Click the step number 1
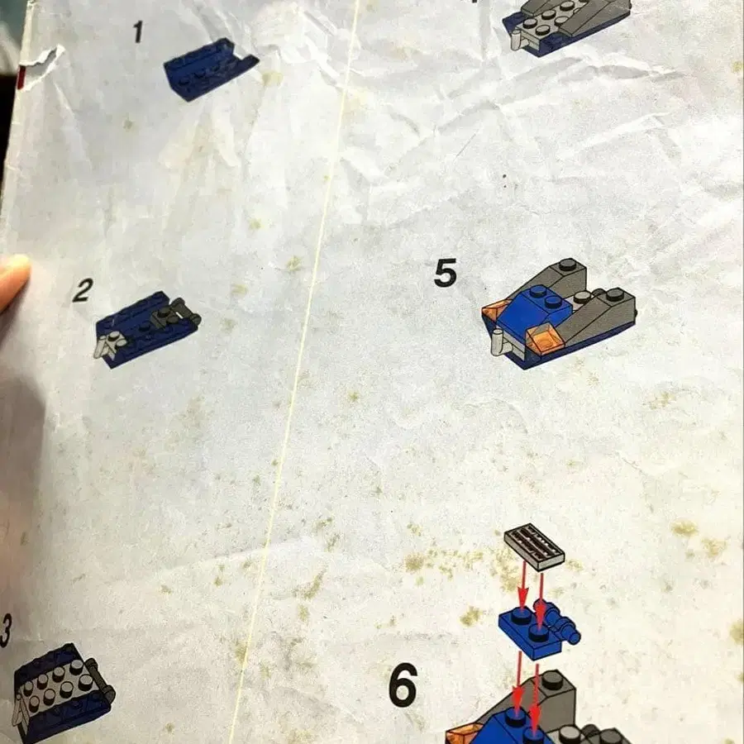click(x=138, y=32)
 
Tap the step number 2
click(x=82, y=290)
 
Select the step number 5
click(x=446, y=273)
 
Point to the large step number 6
click(x=403, y=684)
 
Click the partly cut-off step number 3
click(x=5, y=632)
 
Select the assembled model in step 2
click(x=146, y=327)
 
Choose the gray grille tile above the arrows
click(x=535, y=546)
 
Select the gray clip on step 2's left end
click(x=107, y=345)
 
